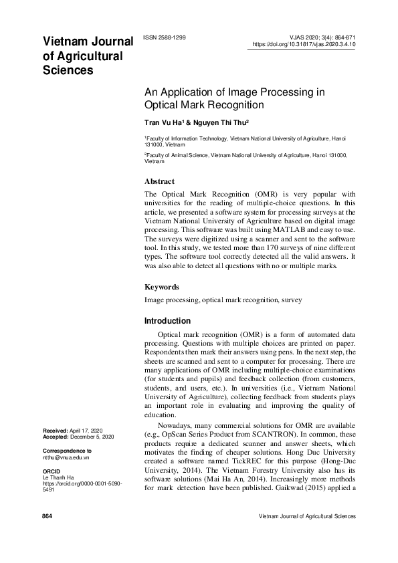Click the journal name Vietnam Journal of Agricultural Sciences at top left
pos(88,56)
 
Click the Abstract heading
pos(160,181)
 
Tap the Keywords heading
pos(162,287)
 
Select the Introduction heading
pos(168,321)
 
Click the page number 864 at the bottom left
pos(47,517)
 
